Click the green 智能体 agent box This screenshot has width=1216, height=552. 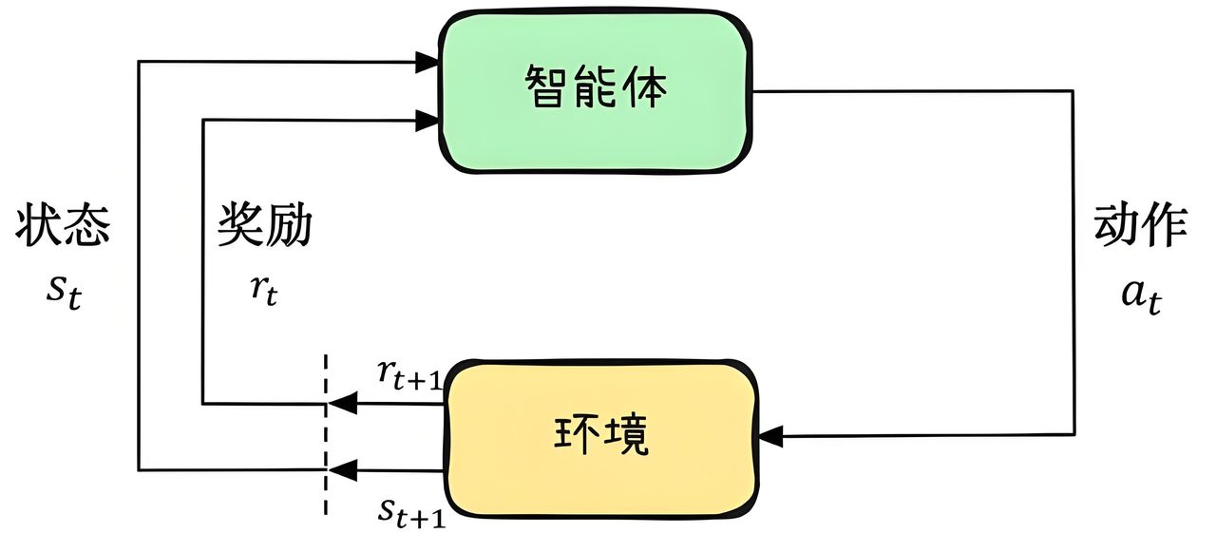[x=596, y=91]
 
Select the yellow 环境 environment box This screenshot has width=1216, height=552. [x=602, y=436]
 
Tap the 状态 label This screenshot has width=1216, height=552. [x=63, y=227]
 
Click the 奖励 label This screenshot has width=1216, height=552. [x=265, y=227]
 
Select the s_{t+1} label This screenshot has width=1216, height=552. [x=409, y=512]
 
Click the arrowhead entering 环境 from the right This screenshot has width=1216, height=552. [x=771, y=436]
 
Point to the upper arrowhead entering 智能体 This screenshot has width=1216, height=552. [x=429, y=63]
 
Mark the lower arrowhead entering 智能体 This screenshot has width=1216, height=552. [x=429, y=119]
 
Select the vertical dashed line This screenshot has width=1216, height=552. [x=327, y=432]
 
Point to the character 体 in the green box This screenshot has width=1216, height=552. [x=646, y=90]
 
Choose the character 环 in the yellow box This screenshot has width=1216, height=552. [x=577, y=436]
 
